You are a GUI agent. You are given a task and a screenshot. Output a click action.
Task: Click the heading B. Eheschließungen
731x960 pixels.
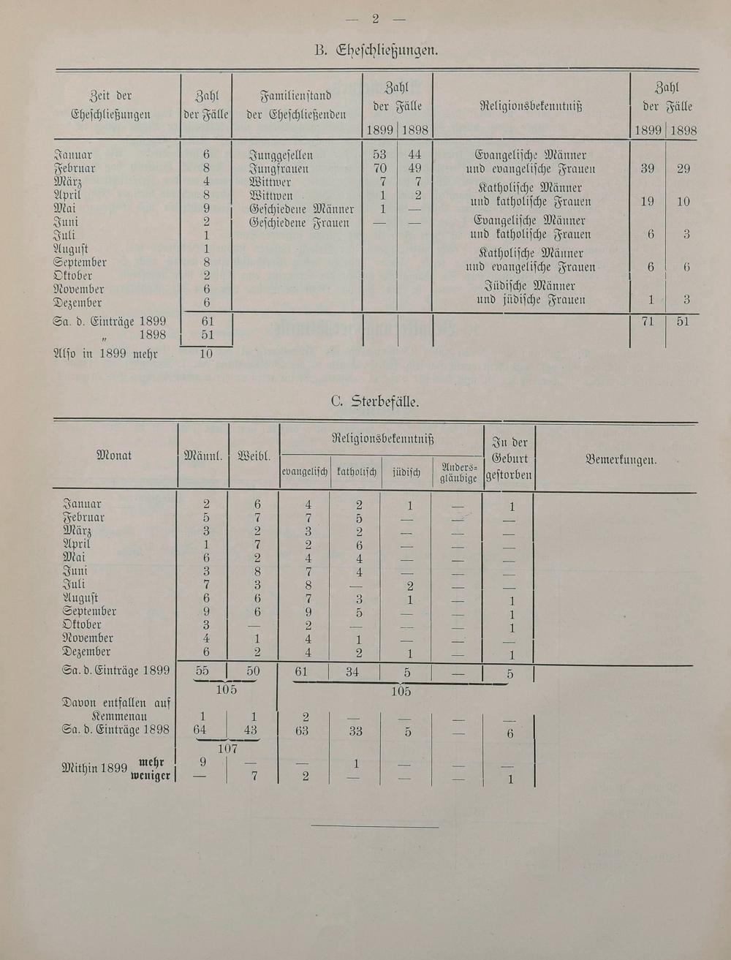pos(376,50)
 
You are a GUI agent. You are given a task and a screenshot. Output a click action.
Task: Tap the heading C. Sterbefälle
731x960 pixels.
pos(375,401)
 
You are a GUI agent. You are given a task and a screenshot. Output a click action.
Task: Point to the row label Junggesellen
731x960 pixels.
pos(281,155)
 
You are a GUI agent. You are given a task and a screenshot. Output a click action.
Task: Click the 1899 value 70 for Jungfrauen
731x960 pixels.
pos(380,169)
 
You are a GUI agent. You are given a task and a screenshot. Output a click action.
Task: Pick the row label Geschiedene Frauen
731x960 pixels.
pos(299,223)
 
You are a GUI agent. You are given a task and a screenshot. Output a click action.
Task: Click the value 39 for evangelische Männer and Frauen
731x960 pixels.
pos(648,169)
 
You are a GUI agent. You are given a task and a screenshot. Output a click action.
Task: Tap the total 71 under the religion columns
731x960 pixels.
pos(648,322)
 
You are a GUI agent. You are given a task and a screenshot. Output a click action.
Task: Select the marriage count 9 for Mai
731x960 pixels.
pos(207,208)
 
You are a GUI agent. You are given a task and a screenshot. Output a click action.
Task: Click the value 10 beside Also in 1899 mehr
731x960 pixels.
pos(207,354)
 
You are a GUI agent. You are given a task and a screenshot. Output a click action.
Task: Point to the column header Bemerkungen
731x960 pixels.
pos(621,460)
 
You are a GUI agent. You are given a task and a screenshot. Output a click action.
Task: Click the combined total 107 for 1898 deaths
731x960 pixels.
pos(227,749)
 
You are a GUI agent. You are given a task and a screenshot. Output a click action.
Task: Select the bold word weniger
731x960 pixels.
pos(151,776)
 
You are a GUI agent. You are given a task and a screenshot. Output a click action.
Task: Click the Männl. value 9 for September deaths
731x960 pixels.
pos(207,611)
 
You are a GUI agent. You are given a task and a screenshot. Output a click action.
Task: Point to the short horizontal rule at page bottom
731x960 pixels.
pos(374,827)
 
